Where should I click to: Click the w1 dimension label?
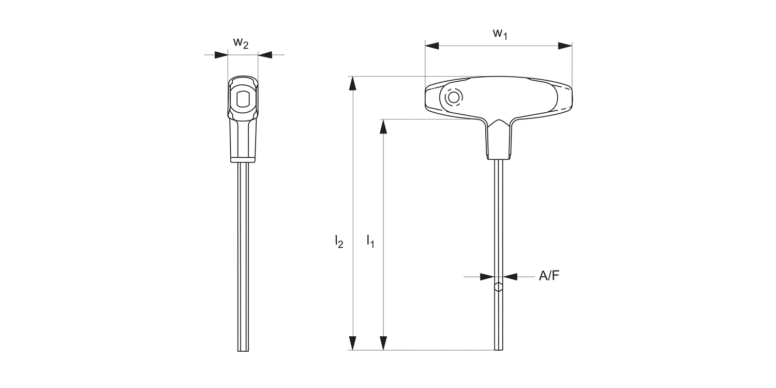(500, 34)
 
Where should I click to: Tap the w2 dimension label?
(241, 43)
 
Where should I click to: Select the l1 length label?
(370, 241)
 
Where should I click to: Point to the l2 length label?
(339, 241)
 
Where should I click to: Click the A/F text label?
(549, 276)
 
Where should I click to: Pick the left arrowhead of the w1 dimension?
(432, 46)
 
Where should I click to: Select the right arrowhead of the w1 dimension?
(565, 46)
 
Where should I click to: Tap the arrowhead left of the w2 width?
(221, 54)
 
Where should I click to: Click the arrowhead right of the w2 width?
(264, 54)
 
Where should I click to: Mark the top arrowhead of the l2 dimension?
(352, 83)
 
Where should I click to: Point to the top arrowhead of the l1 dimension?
(383, 126)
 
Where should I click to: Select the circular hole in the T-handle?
(454, 97)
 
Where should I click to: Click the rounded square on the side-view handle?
(242, 99)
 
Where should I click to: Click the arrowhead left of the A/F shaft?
(487, 277)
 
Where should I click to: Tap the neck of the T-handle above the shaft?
(499, 140)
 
